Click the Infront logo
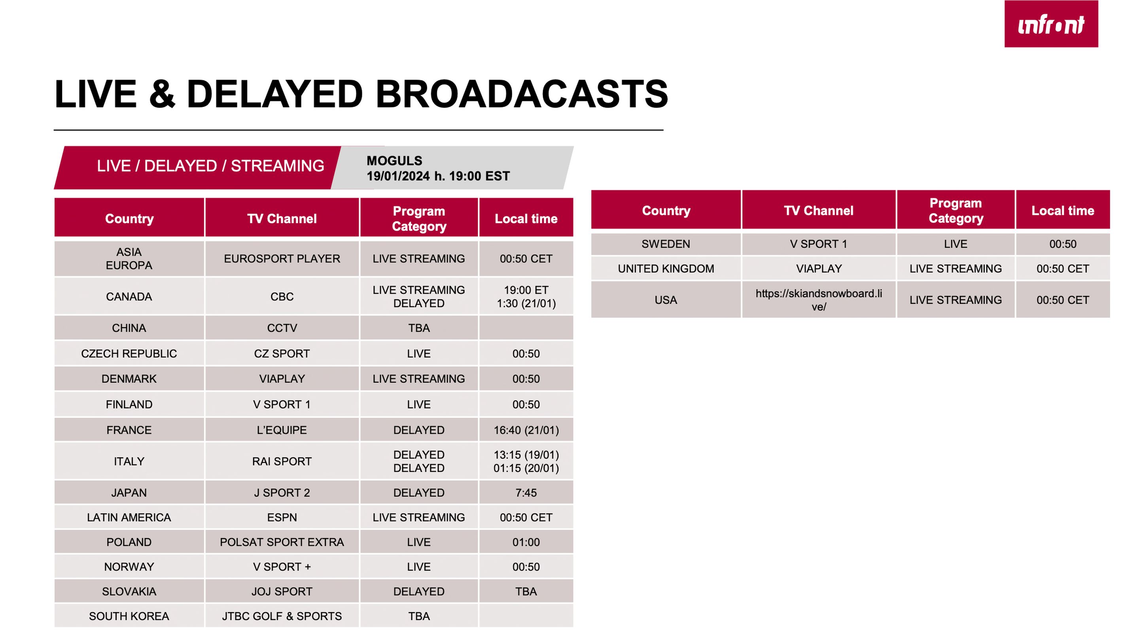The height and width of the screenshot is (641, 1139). coord(1051,24)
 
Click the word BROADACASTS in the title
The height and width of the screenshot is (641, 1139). coord(522,94)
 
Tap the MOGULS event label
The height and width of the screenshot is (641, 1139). coord(394,161)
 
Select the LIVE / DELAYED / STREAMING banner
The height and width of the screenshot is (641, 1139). coord(210,166)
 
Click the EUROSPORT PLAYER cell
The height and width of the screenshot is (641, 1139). coord(282,259)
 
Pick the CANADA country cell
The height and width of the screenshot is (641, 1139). coord(129,296)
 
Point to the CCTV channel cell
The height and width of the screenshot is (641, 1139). coord(282,328)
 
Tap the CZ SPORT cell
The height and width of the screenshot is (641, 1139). coord(282,353)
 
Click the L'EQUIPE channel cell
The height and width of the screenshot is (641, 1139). coord(282,430)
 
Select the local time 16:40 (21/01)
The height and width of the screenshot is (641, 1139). coord(526,430)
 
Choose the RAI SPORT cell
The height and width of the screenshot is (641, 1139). coord(282,461)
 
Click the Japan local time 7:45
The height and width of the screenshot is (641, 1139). coord(526,493)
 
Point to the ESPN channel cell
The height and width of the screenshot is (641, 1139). coord(282,518)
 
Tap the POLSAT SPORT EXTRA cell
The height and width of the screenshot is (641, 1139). coord(282,542)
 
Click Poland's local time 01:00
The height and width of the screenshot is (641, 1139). coord(526,542)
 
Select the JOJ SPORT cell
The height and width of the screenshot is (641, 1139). coord(282,592)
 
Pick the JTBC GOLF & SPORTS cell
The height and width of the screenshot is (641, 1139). coord(282,616)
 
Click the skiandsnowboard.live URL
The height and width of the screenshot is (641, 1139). coord(819,300)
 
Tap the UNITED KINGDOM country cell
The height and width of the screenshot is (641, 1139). coord(666,269)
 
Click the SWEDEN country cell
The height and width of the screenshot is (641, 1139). coord(666,244)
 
